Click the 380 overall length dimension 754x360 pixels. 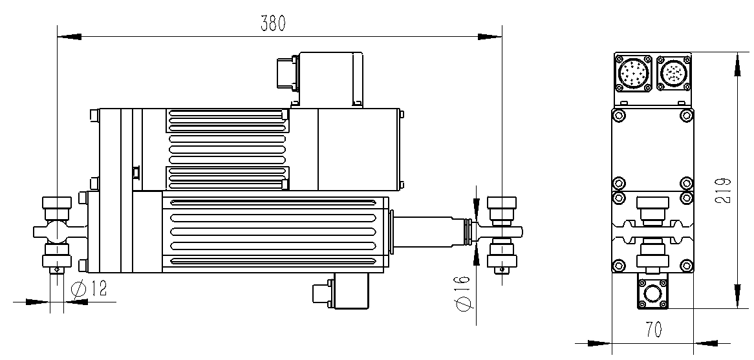click(x=273, y=23)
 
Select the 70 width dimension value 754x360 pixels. click(x=654, y=329)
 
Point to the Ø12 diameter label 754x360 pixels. click(x=89, y=289)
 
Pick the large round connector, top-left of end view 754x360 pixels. click(x=633, y=74)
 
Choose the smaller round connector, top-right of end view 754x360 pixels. click(x=674, y=74)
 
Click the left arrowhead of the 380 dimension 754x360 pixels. click(x=69, y=37)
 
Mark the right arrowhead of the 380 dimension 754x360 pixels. click(x=490, y=37)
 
